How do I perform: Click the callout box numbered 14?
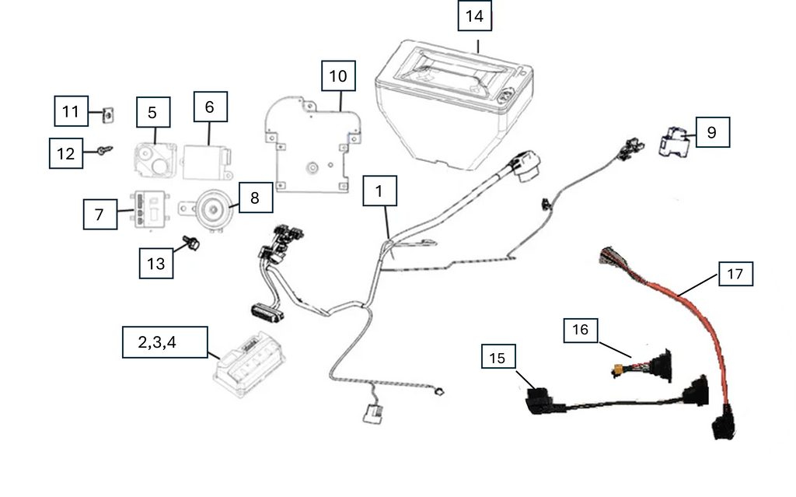475,16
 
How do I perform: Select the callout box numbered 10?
338,75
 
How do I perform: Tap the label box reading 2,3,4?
165,342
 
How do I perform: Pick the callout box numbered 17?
735,274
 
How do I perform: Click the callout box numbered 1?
379,191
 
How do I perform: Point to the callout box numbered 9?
712,132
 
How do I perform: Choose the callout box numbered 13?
156,263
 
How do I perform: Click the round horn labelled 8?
209,209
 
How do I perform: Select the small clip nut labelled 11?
107,115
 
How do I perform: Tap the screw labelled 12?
105,150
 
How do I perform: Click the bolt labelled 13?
192,243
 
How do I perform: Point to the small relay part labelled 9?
673,142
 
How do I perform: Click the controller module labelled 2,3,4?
250,363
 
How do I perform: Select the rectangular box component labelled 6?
207,163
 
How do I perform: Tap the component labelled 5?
155,159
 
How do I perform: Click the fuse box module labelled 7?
151,208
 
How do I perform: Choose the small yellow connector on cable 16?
619,370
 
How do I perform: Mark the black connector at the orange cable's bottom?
722,426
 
